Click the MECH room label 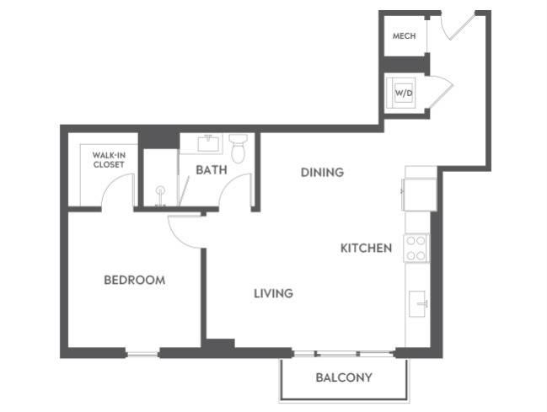coord(403,36)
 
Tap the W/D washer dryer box coord(404,92)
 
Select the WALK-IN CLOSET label coord(109,159)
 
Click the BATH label coord(212,170)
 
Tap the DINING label coord(322,173)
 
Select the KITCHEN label coord(366,248)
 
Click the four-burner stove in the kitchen coord(417,248)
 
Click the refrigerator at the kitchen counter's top coord(420,193)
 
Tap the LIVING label coord(274,293)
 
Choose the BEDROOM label coord(134,280)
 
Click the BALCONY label coord(344,377)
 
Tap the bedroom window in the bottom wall coord(142,352)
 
